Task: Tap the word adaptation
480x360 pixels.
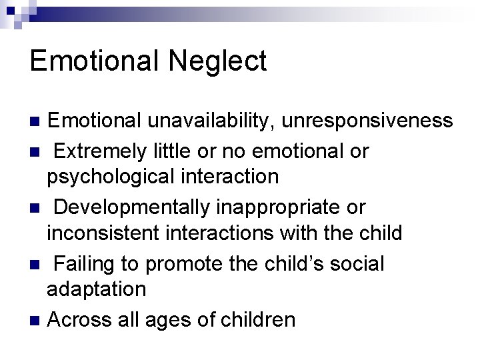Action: pyautogui.click(x=96, y=289)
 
